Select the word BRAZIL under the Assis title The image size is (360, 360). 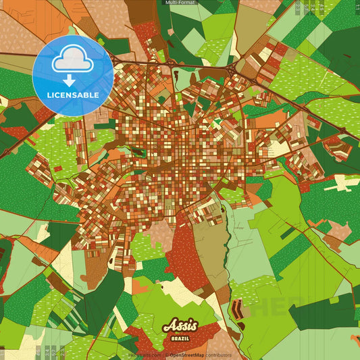(180, 335)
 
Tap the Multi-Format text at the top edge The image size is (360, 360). (180, 3)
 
